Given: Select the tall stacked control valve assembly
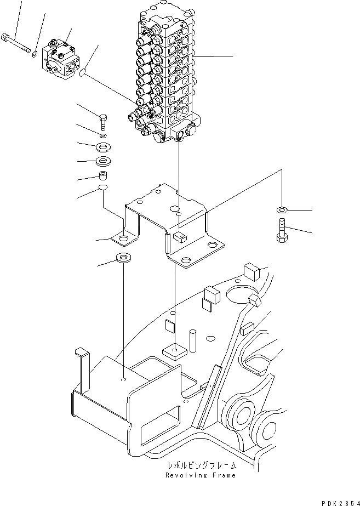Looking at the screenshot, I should click(164, 77).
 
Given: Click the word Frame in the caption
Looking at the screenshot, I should click(224, 475).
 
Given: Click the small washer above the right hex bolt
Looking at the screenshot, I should click(282, 210).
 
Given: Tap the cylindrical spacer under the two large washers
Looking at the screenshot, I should click(102, 176).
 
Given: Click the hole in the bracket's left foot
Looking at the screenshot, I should click(125, 239).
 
